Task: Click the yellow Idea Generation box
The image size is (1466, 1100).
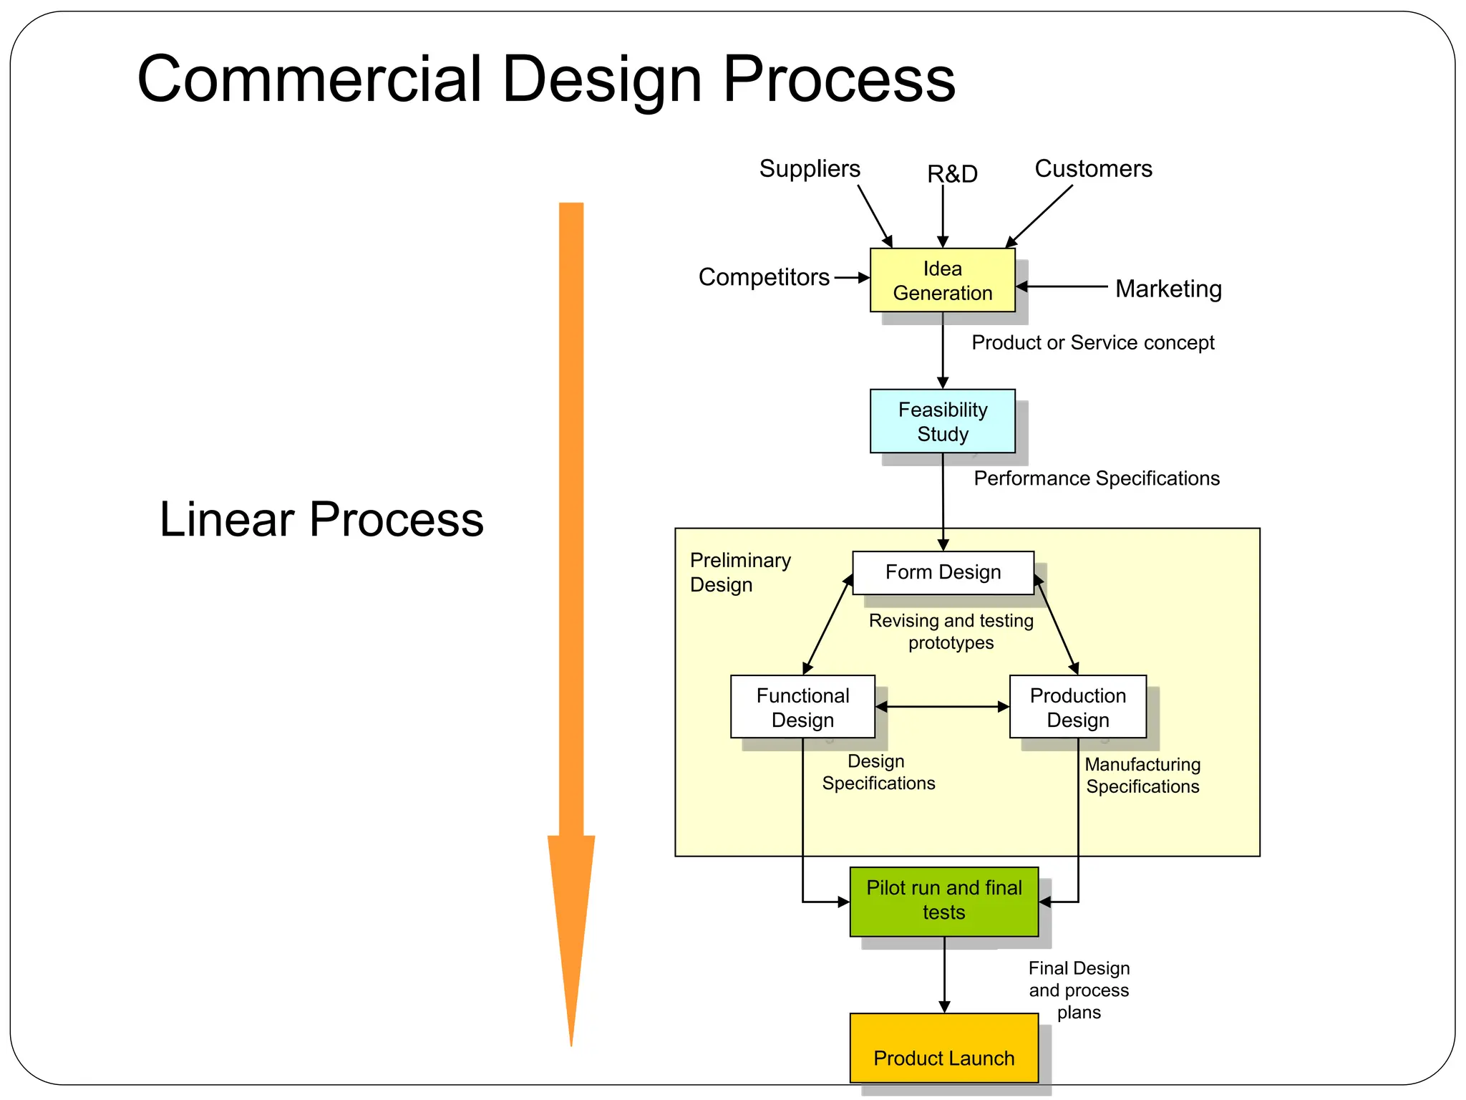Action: (x=942, y=280)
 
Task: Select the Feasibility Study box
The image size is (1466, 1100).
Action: (x=942, y=421)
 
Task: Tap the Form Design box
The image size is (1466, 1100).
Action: (x=943, y=572)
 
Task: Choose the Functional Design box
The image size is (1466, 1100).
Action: (x=802, y=707)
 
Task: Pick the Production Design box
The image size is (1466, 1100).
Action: (x=1077, y=707)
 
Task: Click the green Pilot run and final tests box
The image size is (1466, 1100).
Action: (x=943, y=901)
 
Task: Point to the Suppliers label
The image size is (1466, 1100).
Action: (x=810, y=169)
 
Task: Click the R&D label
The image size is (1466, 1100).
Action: (x=952, y=174)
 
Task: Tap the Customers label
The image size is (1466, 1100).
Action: (x=1093, y=169)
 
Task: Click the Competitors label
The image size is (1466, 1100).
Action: (x=764, y=277)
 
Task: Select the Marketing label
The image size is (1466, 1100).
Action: (x=1168, y=289)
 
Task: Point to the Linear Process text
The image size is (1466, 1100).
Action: (x=321, y=519)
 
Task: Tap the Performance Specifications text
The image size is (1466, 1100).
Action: (x=1096, y=478)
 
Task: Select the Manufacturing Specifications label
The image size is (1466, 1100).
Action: (x=1142, y=776)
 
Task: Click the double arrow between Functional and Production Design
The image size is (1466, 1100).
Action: (x=942, y=707)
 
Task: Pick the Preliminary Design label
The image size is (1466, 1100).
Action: (x=740, y=572)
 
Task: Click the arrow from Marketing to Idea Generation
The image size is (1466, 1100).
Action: (x=1062, y=286)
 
